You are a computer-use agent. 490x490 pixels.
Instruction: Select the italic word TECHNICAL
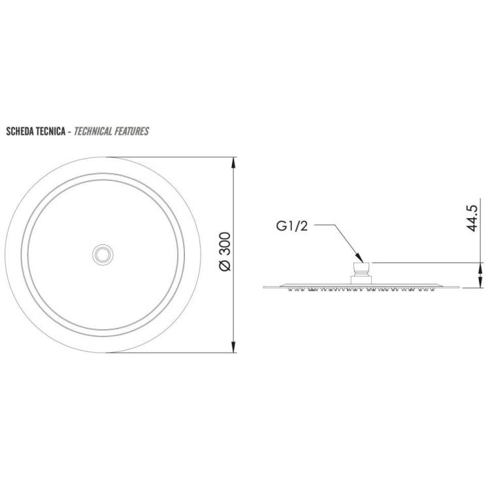pos(93,131)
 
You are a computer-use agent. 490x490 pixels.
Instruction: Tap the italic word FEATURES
pos(131,131)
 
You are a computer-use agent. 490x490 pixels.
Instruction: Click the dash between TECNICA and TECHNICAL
pos(69,131)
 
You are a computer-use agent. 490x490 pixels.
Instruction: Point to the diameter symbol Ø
pos(225,265)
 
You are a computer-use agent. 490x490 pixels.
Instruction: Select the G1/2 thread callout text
pos(292,226)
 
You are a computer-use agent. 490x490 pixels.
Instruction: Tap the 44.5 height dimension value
pos(472,218)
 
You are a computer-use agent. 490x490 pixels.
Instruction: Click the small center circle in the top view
pos(103,255)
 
